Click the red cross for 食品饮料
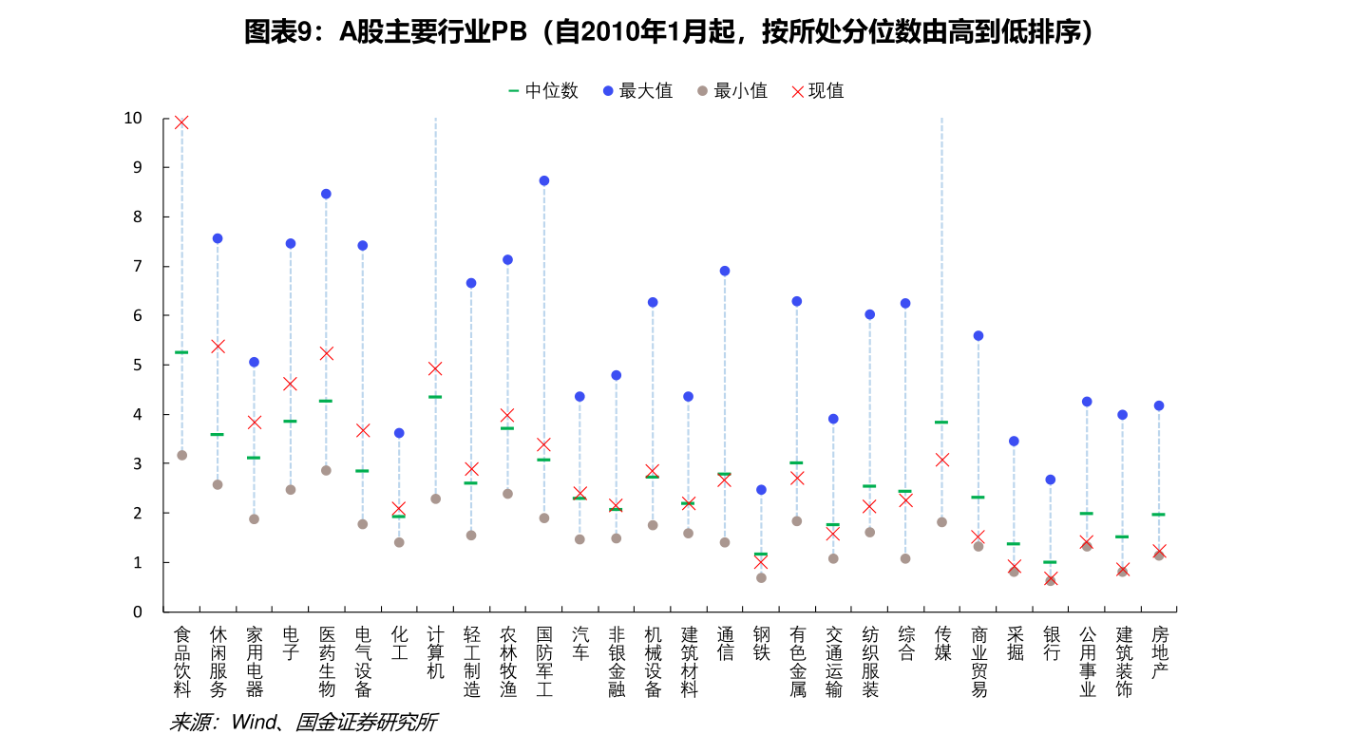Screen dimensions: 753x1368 click(x=181, y=122)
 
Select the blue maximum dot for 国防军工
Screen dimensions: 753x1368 click(x=544, y=180)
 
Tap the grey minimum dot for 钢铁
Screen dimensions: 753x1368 click(x=761, y=577)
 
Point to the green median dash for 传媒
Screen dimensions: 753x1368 click(x=941, y=422)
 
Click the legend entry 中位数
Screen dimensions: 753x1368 click(x=543, y=91)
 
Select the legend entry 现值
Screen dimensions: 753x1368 click(x=817, y=91)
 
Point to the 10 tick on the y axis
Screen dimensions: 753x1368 click(x=132, y=118)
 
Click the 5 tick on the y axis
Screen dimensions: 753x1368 click(x=137, y=365)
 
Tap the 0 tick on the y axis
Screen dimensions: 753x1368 click(x=137, y=612)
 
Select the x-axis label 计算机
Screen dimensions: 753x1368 click(x=436, y=651)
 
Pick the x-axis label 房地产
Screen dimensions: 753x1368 click(x=1159, y=651)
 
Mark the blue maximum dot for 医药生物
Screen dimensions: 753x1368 click(x=326, y=194)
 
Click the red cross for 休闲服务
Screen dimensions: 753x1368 click(x=218, y=346)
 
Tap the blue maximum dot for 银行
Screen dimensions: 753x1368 click(x=1051, y=480)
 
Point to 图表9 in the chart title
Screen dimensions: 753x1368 click(x=276, y=33)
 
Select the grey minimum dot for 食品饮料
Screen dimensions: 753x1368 click(x=181, y=455)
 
